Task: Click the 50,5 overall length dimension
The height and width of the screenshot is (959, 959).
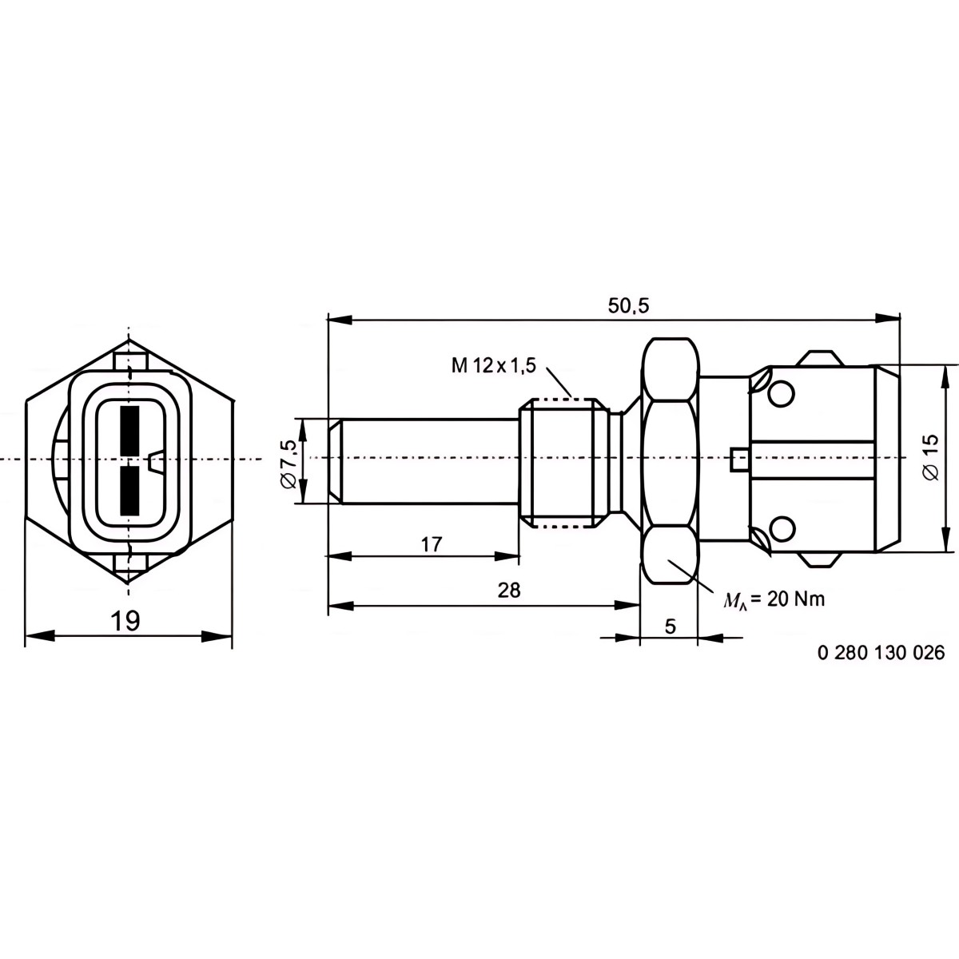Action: (629, 306)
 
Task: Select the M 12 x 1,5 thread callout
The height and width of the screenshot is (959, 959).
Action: (493, 366)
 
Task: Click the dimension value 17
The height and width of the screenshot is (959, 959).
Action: (432, 544)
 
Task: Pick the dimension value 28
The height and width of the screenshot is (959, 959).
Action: (508, 591)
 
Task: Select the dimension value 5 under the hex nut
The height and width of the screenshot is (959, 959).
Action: (671, 627)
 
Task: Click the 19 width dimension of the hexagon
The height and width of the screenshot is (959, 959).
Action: (125, 621)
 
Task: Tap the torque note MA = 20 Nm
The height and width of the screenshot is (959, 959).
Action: (774, 599)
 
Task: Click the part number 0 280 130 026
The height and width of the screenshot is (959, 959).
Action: (881, 652)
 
